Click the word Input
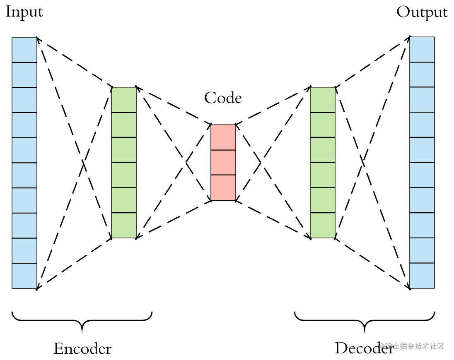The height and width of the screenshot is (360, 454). tap(24, 12)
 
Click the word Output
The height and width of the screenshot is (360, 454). tap(422, 12)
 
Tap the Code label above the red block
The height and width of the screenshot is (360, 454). tap(223, 98)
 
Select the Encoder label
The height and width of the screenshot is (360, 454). tap(82, 348)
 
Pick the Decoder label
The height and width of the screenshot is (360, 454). tap(364, 348)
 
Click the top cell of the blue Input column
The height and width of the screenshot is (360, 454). tap(24, 50)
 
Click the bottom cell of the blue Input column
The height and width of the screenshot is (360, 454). tap(24, 276)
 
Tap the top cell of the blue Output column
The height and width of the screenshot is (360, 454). tap(422, 50)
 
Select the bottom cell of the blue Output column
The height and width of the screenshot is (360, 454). tap(422, 276)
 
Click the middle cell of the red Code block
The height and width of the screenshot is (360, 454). tap(223, 162)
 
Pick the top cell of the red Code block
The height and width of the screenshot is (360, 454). tap(223, 137)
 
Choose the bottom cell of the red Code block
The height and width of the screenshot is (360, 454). tap(223, 188)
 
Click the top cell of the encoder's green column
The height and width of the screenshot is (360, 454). tap(124, 100)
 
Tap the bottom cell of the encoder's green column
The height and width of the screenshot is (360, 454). tap(124, 226)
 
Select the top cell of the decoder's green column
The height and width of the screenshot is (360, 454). tap(323, 100)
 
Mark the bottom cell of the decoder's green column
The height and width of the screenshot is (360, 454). tap(323, 226)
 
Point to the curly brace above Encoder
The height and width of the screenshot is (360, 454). tap(82, 321)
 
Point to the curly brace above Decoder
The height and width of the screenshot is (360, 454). tap(365, 321)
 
